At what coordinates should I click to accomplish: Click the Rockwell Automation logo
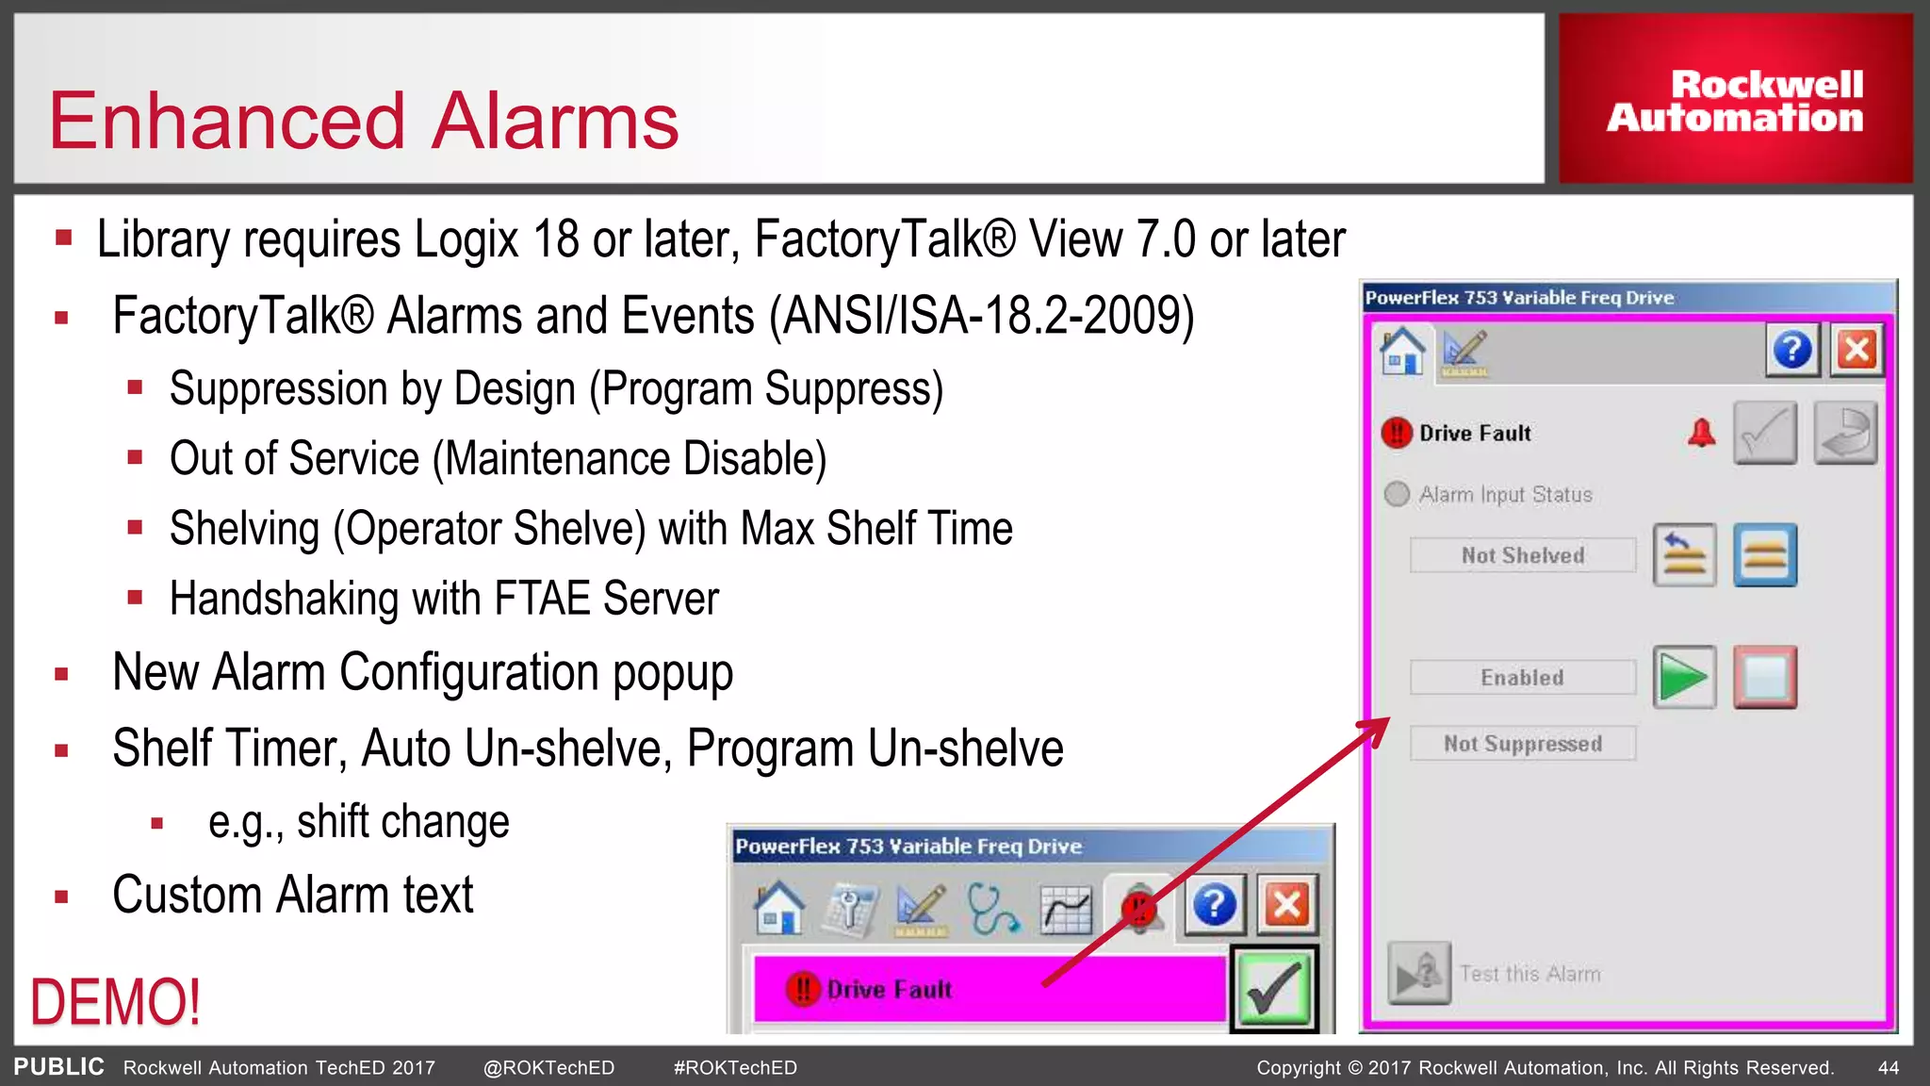pos(1735,100)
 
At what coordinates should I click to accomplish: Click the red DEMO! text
pos(115,1001)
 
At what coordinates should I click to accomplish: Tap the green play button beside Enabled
pos(1684,677)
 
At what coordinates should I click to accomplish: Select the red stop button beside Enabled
pos(1764,677)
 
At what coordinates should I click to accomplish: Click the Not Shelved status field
pos(1522,555)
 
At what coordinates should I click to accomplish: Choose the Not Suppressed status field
pos(1522,744)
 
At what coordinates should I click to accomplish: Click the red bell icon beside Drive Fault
pos(1701,434)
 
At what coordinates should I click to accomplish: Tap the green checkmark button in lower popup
pos(1273,989)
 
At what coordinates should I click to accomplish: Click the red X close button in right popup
pos(1856,350)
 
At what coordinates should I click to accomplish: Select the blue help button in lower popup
pos(1214,906)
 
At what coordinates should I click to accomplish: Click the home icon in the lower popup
pos(778,907)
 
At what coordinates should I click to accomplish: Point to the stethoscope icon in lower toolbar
pos(992,908)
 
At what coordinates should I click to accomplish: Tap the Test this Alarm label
pos(1529,974)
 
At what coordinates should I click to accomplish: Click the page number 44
pos(1889,1068)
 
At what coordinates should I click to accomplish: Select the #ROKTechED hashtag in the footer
pos(735,1068)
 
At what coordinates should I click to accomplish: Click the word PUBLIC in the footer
pos(58,1067)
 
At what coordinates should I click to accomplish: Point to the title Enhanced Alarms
pos(364,121)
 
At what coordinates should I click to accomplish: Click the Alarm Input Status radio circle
pos(1397,494)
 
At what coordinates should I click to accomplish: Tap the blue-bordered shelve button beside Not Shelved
pos(1764,555)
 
